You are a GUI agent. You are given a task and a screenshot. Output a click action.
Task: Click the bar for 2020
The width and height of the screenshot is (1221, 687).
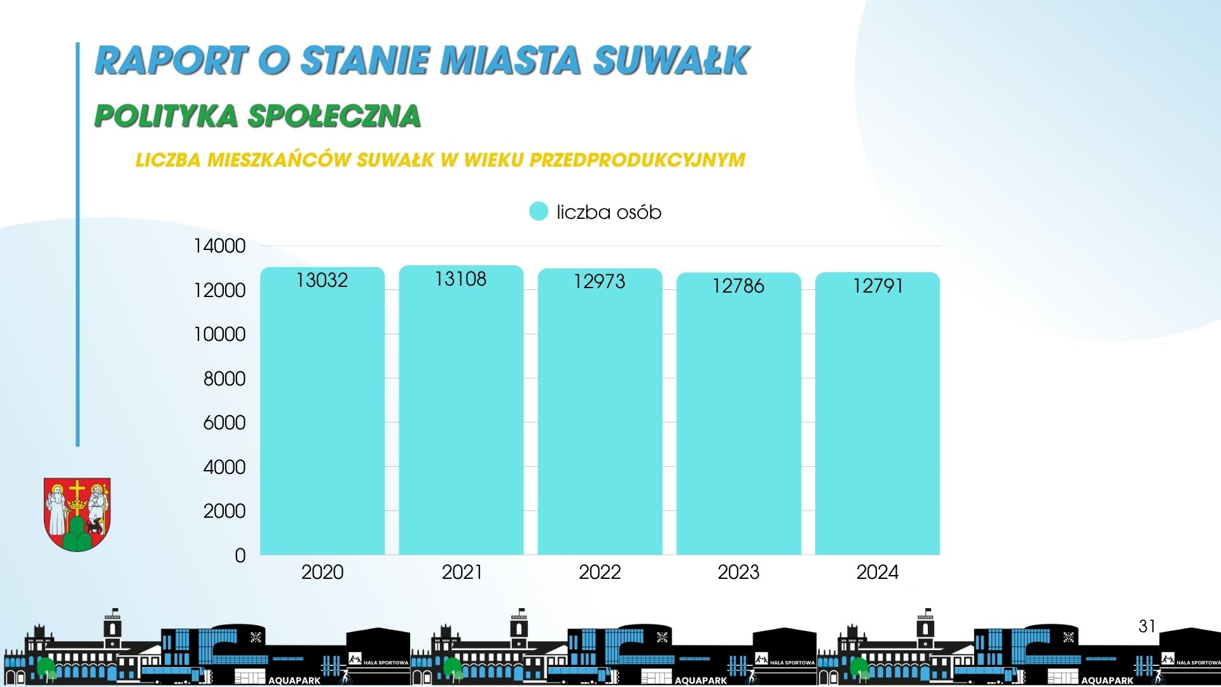[322, 411]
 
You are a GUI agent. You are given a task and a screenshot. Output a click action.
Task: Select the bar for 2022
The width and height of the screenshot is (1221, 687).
[600, 412]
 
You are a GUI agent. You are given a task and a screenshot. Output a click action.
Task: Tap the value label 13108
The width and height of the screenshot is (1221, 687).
[460, 279]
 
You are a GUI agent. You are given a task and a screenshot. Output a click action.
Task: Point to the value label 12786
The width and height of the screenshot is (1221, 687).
[738, 286]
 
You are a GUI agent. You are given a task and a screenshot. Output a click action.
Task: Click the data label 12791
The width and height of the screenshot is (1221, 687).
[878, 286]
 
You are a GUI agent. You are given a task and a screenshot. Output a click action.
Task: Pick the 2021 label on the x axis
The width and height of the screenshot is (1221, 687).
[462, 572]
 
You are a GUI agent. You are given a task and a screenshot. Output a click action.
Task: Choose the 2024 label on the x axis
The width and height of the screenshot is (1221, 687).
[878, 572]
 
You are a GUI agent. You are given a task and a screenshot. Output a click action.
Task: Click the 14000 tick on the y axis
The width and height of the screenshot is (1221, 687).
[219, 246]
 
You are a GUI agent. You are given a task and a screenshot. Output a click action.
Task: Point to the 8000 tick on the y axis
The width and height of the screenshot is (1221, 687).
[224, 378]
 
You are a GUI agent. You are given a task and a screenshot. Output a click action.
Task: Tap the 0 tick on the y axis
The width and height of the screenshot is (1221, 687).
[240, 555]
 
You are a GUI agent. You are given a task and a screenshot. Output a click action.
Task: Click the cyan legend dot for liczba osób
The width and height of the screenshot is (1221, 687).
[539, 211]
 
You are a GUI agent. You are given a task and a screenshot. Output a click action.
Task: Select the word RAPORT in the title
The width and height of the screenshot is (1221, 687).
[171, 60]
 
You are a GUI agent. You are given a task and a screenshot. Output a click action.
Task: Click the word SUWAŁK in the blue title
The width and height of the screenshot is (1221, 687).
[672, 60]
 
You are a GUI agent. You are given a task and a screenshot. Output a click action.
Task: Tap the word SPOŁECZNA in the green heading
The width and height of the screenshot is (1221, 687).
[334, 116]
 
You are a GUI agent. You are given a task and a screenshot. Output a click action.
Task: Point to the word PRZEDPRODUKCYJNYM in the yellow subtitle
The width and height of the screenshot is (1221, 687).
[637, 160]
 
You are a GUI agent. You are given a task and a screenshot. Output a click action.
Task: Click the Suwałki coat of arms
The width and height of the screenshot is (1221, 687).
[77, 515]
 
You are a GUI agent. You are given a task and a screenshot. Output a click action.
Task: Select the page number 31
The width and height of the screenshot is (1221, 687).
[1147, 627]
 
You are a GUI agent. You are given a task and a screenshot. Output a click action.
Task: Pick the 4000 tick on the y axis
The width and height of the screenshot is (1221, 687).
[224, 467]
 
